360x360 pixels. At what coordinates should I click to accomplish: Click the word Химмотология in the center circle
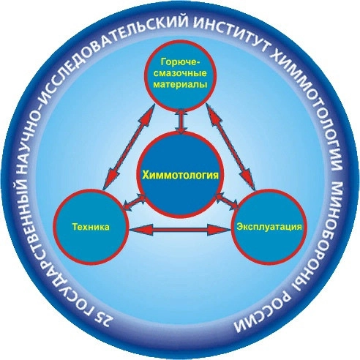pyautogui.click(x=180, y=175)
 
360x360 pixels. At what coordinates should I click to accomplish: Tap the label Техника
pyautogui.click(x=91, y=227)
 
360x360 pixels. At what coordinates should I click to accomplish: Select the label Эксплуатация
pyautogui.click(x=269, y=227)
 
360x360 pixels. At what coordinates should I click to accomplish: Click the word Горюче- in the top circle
pyautogui.click(x=181, y=62)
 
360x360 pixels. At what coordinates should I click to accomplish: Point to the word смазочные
pyautogui.click(x=181, y=73)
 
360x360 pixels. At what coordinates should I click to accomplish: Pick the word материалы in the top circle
pyautogui.click(x=181, y=85)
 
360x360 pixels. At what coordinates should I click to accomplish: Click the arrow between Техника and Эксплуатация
pyautogui.click(x=180, y=230)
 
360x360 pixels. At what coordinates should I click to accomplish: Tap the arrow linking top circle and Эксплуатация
pyautogui.click(x=230, y=146)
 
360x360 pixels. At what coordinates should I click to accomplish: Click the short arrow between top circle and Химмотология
pyautogui.click(x=181, y=121)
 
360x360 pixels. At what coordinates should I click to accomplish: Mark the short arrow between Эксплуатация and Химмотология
pyautogui.click(x=227, y=201)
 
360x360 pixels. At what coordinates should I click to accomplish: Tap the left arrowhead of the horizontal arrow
pyautogui.click(x=137, y=230)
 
